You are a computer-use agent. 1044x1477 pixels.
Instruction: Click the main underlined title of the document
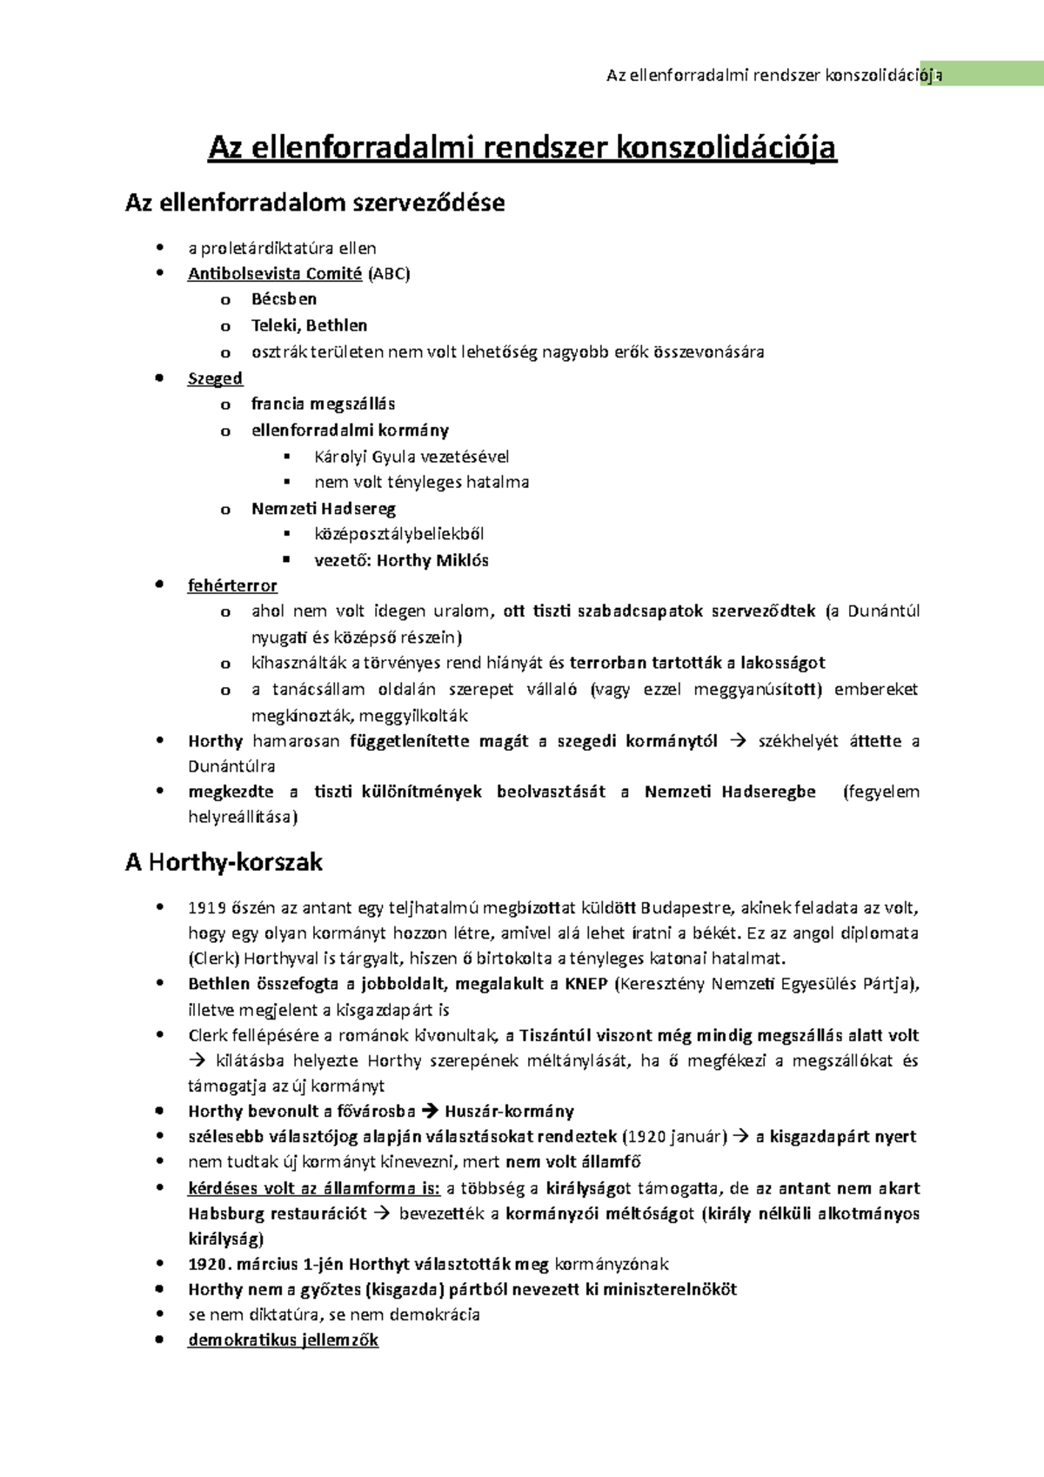522,147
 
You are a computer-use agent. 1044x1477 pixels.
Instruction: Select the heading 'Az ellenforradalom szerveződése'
315,204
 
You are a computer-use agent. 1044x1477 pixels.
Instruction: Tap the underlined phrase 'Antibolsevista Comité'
275,273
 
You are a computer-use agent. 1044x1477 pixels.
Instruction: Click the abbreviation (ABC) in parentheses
388,273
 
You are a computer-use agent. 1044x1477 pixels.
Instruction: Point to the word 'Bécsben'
284,299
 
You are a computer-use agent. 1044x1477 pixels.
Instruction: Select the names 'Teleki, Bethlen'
309,325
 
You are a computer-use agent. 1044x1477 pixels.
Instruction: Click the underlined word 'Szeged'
215,378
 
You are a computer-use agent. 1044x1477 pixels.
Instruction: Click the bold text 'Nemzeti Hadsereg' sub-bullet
324,508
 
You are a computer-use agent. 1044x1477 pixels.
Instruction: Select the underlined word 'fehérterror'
232,585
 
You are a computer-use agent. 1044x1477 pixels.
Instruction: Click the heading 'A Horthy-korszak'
224,862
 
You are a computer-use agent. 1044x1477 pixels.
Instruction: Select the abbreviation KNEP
586,984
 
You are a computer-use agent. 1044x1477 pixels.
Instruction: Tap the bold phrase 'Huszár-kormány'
509,1111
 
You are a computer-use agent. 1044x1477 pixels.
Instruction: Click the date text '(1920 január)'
674,1136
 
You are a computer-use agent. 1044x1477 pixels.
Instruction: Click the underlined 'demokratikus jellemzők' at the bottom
283,1340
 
